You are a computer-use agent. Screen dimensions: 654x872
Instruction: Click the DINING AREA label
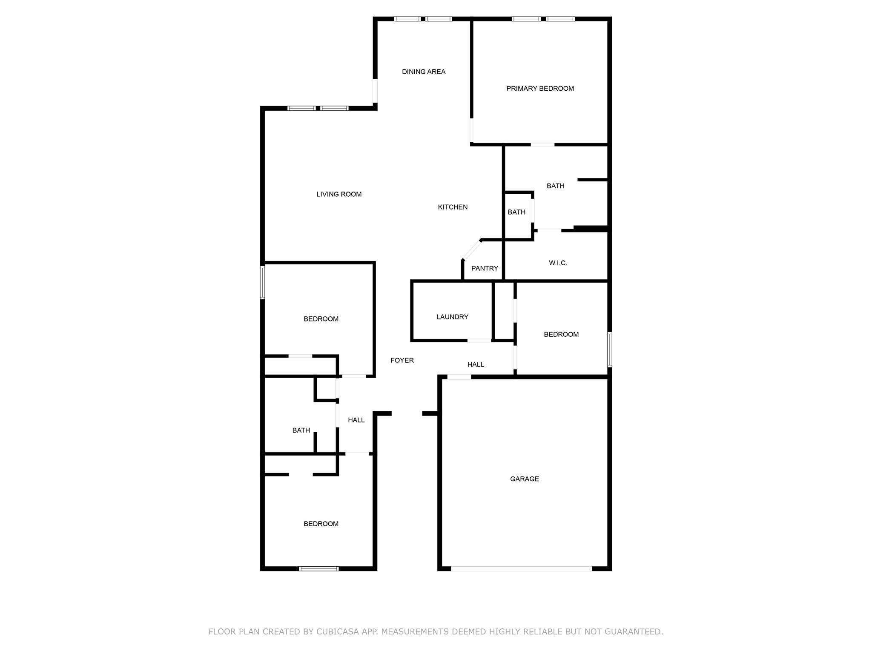tap(424, 72)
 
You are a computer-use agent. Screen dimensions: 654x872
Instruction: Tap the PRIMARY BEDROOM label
tap(540, 89)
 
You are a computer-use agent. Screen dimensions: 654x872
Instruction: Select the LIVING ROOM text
tap(339, 194)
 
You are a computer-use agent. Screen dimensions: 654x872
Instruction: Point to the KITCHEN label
tap(453, 207)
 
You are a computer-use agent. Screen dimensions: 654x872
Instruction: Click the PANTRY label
tap(485, 268)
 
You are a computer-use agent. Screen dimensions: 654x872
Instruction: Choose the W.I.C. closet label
tap(558, 263)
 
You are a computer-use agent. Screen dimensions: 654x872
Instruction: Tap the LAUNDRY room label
tap(452, 317)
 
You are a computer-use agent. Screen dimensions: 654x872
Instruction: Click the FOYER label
tap(402, 360)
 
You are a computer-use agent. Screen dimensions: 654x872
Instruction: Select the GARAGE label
tap(525, 479)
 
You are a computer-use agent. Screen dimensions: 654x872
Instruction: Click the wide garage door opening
tap(521, 568)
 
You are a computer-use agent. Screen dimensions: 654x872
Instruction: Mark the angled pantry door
tap(472, 250)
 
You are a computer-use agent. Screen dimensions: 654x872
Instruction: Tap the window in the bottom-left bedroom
tap(319, 568)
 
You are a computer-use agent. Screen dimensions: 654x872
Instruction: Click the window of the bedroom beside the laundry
tap(609, 349)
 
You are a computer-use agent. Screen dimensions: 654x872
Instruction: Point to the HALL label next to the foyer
tap(476, 364)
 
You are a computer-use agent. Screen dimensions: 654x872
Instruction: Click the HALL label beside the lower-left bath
tap(356, 420)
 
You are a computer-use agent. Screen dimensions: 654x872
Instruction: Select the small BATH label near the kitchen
tap(516, 212)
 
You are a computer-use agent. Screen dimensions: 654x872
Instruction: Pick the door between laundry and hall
tap(479, 340)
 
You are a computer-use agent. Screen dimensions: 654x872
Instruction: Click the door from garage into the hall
tap(459, 377)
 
